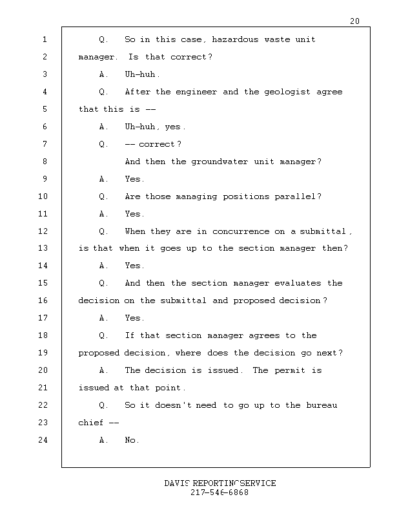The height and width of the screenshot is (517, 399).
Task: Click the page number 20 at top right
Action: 354,21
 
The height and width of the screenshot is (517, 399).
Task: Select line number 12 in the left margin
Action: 43,231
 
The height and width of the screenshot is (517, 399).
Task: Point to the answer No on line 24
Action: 132,441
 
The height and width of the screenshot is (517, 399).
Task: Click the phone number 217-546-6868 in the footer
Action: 220,492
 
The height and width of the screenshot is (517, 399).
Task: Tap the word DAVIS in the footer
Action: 177,483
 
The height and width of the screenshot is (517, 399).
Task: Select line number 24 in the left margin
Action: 43,441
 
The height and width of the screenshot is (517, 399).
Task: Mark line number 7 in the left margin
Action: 44,144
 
